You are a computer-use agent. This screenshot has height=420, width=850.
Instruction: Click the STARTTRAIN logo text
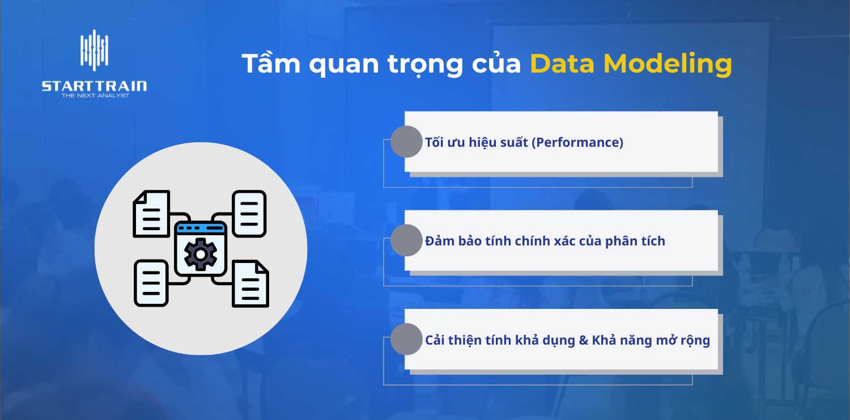94,86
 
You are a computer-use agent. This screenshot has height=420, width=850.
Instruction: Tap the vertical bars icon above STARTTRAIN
94,50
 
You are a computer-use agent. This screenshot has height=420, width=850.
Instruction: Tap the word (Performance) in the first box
577,142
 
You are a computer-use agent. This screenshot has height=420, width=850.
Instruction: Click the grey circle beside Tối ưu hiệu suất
406,142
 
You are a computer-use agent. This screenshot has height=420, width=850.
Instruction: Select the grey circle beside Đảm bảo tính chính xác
406,240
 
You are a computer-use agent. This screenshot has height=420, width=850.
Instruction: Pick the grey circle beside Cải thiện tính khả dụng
406,339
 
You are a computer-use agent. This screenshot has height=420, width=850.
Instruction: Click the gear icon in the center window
201,254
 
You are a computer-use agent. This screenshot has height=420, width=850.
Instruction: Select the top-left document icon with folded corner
151,214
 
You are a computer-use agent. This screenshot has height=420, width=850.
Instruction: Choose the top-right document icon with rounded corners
249,213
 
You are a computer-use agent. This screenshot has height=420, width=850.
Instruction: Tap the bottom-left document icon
151,283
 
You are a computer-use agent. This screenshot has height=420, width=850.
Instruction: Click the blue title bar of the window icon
201,228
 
